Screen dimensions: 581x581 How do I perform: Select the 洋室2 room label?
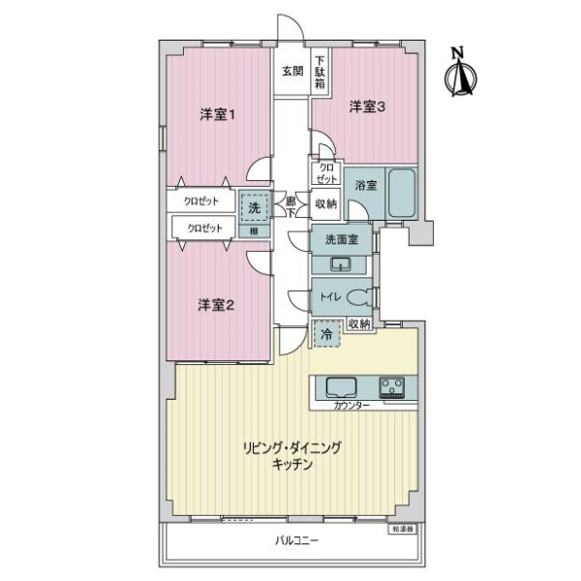pyautogui.click(x=217, y=305)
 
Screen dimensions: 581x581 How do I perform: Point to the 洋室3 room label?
pyautogui.click(x=367, y=107)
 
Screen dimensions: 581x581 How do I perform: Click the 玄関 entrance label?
pyautogui.click(x=292, y=71)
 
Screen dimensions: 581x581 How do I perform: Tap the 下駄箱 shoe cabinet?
pyautogui.click(x=319, y=72)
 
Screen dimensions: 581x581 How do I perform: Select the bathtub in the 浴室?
pyautogui.click(x=401, y=197)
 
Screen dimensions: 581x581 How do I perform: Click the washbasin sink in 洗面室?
pyautogui.click(x=340, y=264)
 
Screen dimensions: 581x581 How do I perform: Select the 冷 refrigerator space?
pyautogui.click(x=326, y=335)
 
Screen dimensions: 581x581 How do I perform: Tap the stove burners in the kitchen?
pyautogui.click(x=393, y=388)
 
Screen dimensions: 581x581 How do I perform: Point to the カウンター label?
pyautogui.click(x=351, y=406)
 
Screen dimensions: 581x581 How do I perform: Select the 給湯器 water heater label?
pyautogui.click(x=402, y=529)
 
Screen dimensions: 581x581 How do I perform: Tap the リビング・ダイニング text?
pyautogui.click(x=292, y=449)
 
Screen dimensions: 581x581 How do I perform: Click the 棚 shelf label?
pyautogui.click(x=253, y=230)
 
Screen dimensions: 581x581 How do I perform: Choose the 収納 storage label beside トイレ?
pyautogui.click(x=358, y=323)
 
